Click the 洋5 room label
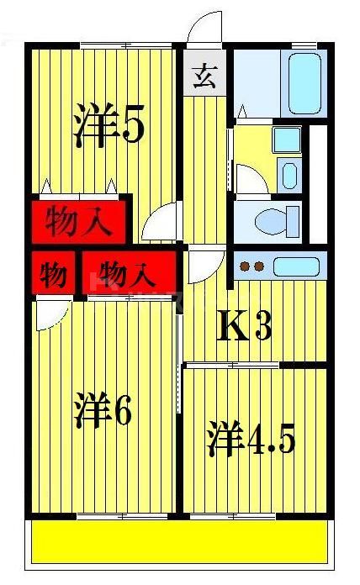point(109,127)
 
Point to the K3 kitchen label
point(245,327)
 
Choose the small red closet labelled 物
point(53,274)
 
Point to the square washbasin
point(287,139)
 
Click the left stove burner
point(246,267)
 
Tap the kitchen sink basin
point(296,266)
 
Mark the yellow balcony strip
point(178,542)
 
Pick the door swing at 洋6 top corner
point(50,314)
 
